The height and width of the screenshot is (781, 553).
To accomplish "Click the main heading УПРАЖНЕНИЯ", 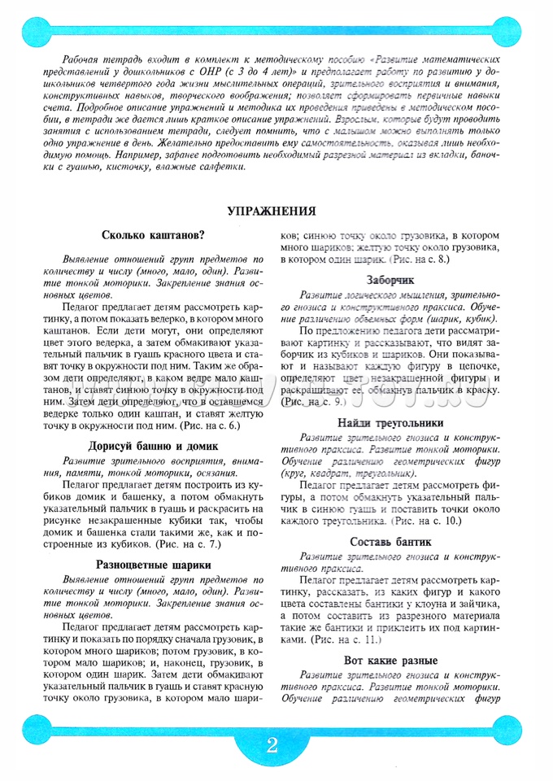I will coord(271,212).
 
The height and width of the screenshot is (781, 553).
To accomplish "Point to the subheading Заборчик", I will coord(390,278).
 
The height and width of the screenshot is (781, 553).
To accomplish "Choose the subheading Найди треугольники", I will coord(390,423).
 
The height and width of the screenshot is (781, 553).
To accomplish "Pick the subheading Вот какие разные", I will coord(390,660).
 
